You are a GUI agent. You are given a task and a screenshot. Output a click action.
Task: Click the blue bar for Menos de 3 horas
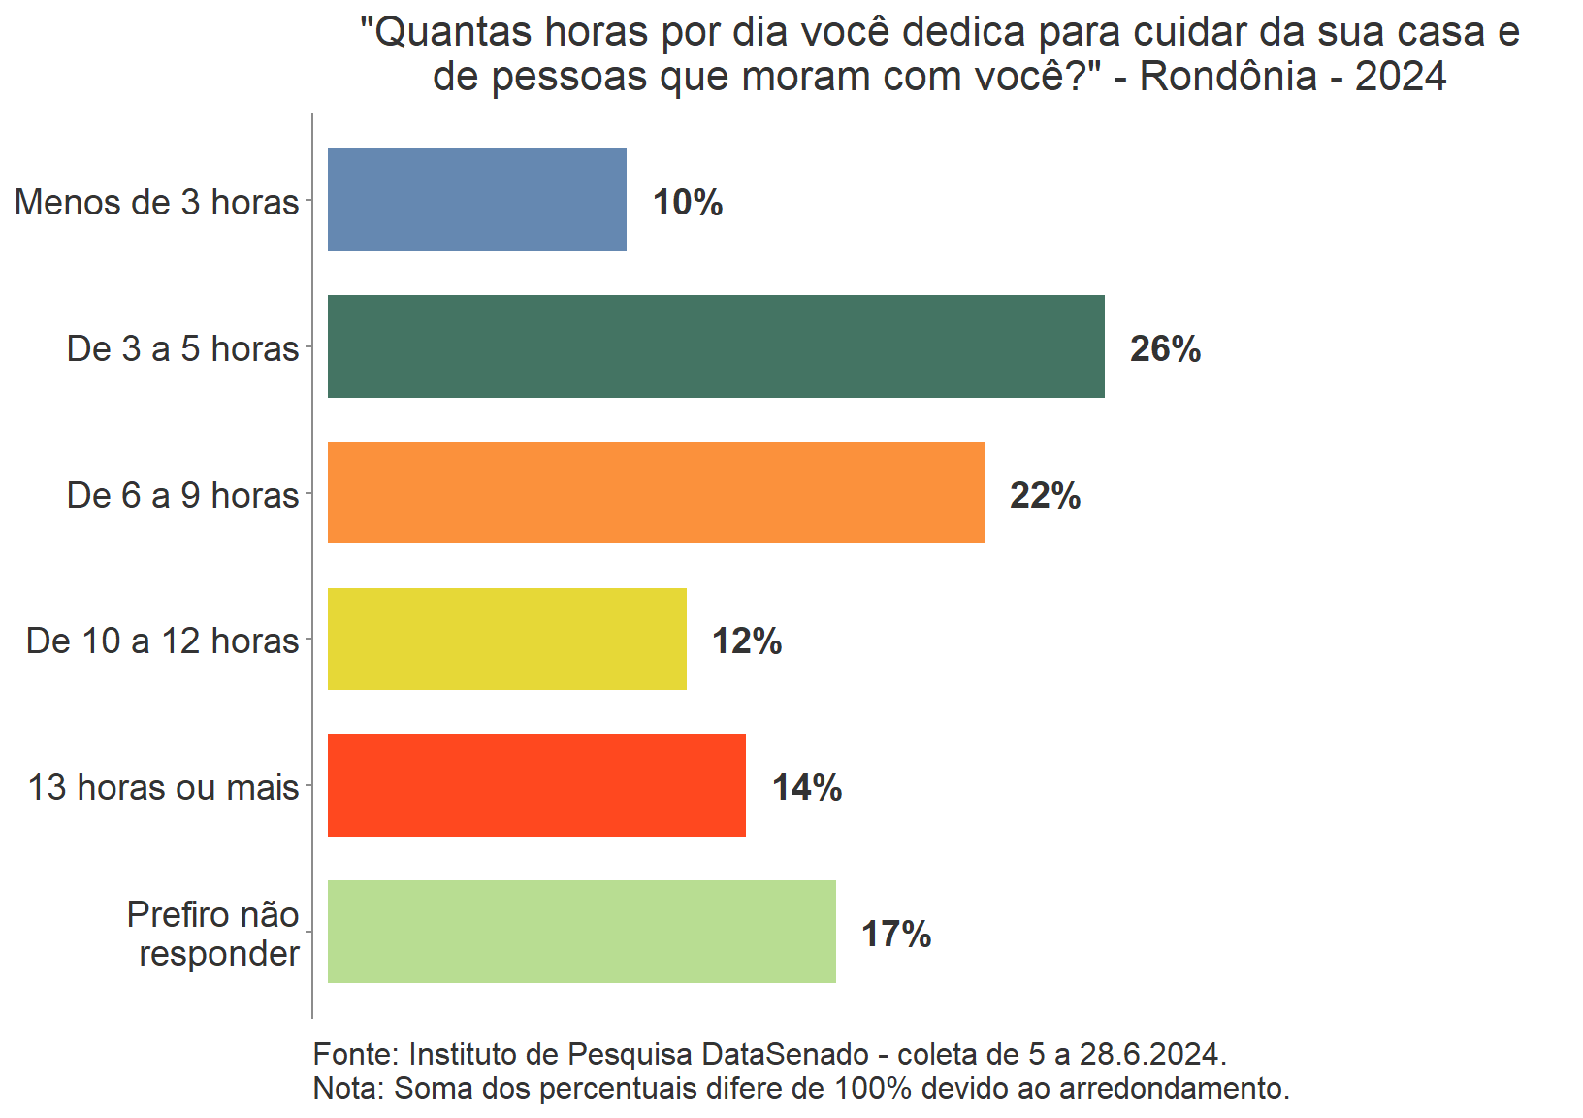point(476,200)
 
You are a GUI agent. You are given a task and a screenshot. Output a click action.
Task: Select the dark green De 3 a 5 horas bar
point(716,346)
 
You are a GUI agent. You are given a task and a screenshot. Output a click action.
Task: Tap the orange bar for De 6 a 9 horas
point(656,493)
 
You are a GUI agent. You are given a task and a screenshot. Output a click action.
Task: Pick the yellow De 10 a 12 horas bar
point(506,640)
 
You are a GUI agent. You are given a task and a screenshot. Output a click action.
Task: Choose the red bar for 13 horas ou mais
point(536,785)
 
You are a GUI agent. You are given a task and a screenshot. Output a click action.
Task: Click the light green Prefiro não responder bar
point(581,932)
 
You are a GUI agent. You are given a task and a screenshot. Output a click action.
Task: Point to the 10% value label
point(688,203)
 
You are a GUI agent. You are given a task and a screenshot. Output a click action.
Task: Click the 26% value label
point(1165,349)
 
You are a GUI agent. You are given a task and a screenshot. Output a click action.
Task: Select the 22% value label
point(1045,496)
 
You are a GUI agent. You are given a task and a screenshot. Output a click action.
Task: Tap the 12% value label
point(747,641)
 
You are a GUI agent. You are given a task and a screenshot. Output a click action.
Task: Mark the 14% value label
point(807,788)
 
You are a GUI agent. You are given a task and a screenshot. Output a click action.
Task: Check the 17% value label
point(896,935)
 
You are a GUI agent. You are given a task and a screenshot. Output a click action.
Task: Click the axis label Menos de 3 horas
point(157,202)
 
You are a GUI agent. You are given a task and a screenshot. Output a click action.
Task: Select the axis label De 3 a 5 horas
point(182,348)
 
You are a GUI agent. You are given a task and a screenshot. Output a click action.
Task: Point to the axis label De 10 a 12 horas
point(163,641)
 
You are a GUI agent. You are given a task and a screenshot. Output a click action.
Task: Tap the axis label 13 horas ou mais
point(163,787)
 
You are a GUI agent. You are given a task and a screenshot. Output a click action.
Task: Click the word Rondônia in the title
point(1228,77)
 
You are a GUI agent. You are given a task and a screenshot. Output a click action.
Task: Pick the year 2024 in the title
point(1400,77)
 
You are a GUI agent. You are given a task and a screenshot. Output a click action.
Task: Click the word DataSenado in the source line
point(785,1054)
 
